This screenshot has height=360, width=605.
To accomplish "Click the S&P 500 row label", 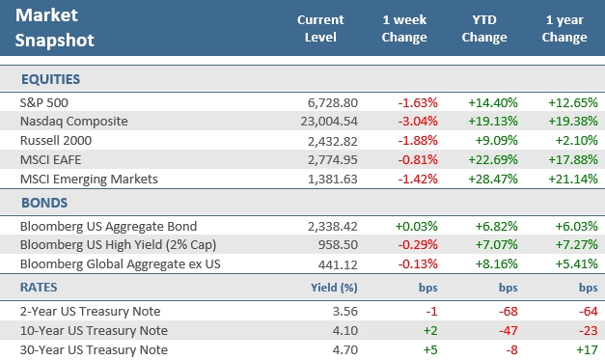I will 44,101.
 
